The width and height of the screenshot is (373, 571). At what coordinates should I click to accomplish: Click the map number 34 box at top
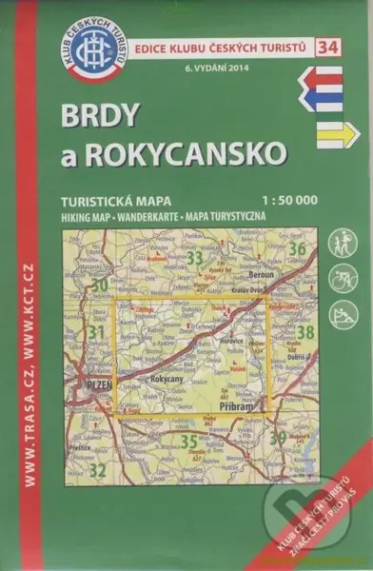[x=327, y=46]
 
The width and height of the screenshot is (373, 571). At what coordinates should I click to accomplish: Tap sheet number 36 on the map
[x=297, y=250]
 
